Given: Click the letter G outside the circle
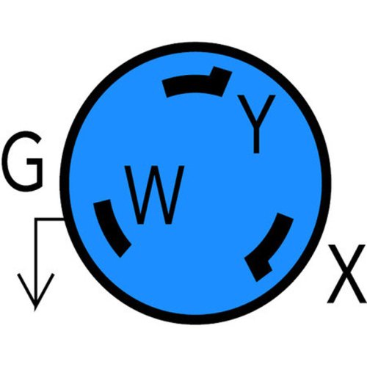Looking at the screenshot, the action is tap(23, 161).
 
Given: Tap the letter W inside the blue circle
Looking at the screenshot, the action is tap(154, 195).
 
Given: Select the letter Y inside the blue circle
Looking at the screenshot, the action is tap(256, 123).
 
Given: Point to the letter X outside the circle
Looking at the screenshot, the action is tap(346, 274).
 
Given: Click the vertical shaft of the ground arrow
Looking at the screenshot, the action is tap(36, 264).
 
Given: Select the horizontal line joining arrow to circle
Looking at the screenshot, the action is tap(50, 219).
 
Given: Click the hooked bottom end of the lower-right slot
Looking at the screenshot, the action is tap(259, 269).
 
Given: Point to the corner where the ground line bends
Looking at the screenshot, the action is tap(36, 219).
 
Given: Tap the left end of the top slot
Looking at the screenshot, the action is tap(166, 88).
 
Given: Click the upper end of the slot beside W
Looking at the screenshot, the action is tap(102, 203).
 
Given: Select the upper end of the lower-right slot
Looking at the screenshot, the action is tap(285, 217).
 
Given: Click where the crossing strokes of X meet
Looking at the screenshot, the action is tap(346, 273).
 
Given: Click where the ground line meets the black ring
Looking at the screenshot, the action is tap(64, 219).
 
